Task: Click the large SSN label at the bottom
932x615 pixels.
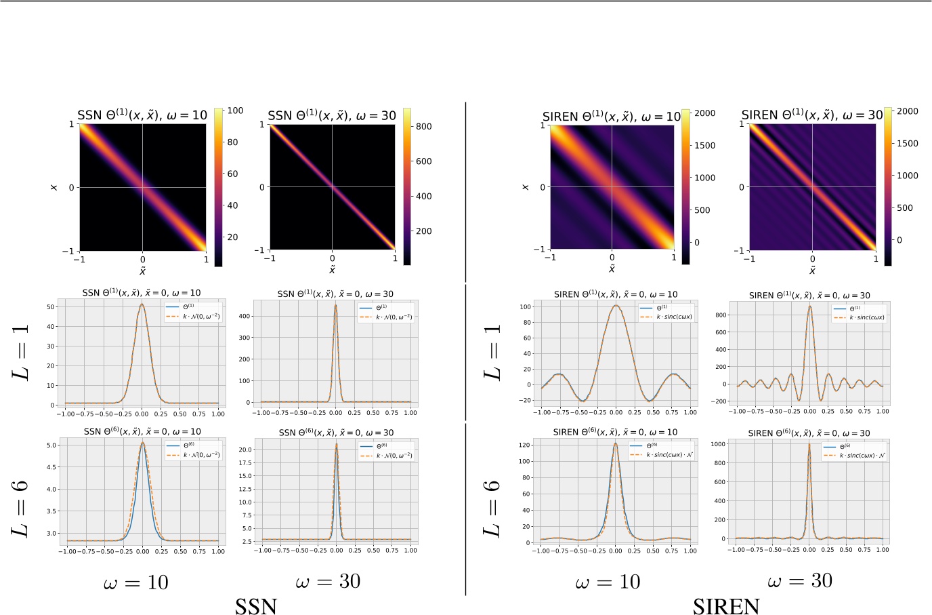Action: tap(256, 606)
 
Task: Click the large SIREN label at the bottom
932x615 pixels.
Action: tap(726, 606)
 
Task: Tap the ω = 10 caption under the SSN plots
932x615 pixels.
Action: tap(136, 582)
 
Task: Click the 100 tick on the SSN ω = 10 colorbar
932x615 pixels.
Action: tap(235, 111)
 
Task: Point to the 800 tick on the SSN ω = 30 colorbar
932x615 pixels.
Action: tap(423, 126)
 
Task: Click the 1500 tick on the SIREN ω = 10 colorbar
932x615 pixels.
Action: tap(704, 145)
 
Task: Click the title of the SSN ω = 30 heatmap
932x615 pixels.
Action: tap(332, 115)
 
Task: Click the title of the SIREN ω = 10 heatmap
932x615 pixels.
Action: tap(611, 117)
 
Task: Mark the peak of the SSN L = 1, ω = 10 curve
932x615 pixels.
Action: tap(142, 304)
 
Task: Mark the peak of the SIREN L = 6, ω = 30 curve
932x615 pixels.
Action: tap(809, 445)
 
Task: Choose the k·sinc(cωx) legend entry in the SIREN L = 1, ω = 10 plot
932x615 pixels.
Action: tap(674, 317)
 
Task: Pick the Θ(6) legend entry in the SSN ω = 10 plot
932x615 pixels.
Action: tap(190, 445)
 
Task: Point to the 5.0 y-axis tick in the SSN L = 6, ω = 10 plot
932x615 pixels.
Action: tap(51, 445)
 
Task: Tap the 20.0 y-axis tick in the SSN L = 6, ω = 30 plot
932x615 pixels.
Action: tap(245, 449)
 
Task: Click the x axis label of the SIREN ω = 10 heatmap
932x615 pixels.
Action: tap(526, 186)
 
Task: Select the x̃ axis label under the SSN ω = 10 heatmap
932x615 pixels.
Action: tap(142, 271)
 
